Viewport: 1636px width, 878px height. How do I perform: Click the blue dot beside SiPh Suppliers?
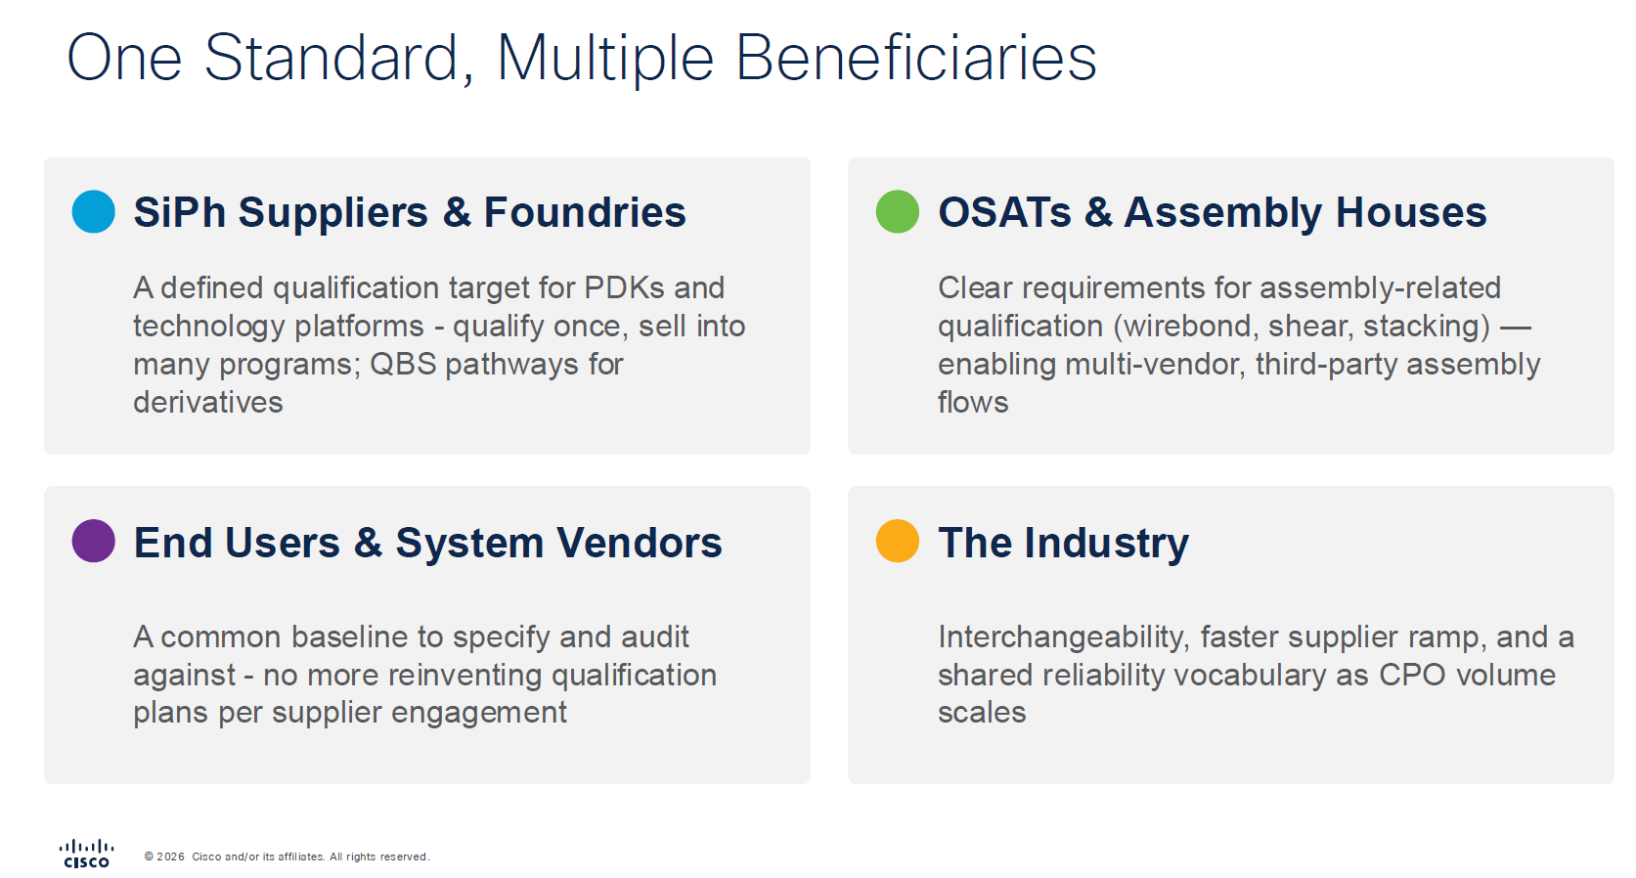tap(94, 212)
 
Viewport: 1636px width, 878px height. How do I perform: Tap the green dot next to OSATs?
tap(897, 212)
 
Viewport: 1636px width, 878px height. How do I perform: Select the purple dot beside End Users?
tap(94, 541)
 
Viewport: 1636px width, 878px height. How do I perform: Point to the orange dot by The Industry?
tap(897, 541)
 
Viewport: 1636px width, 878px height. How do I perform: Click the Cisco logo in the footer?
tap(86, 854)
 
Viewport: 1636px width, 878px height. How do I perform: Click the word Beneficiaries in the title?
tap(916, 58)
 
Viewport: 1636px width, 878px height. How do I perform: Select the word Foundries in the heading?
tap(585, 212)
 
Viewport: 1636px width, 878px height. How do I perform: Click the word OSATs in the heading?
tap(1004, 212)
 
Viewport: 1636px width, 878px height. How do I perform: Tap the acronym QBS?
tap(403, 364)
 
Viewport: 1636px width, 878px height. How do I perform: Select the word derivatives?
tap(208, 403)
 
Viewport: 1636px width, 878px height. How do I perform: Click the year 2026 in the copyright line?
tap(171, 856)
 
